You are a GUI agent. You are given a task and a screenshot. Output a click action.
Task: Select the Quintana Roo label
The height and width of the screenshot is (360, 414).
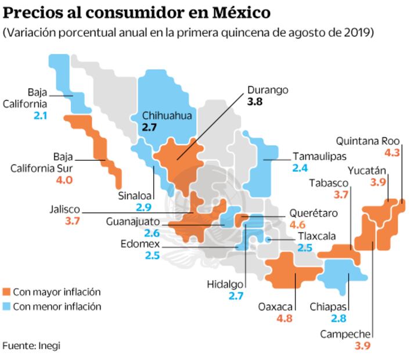[369, 141]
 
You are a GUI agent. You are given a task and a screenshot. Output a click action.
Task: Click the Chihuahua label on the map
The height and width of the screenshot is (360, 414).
[167, 115]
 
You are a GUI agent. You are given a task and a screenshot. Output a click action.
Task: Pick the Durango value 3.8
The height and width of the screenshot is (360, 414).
[255, 102]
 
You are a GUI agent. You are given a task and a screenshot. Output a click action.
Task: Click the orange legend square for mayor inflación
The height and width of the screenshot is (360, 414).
[6, 292]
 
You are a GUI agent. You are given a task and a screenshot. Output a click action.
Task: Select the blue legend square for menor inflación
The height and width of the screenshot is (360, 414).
[6, 306]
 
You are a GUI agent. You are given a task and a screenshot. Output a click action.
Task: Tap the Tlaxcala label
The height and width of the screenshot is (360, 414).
[316, 236]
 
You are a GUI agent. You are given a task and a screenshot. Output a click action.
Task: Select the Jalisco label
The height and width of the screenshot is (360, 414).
[65, 210]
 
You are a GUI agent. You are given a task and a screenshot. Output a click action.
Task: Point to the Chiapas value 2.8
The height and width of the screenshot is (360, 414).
[339, 318]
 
